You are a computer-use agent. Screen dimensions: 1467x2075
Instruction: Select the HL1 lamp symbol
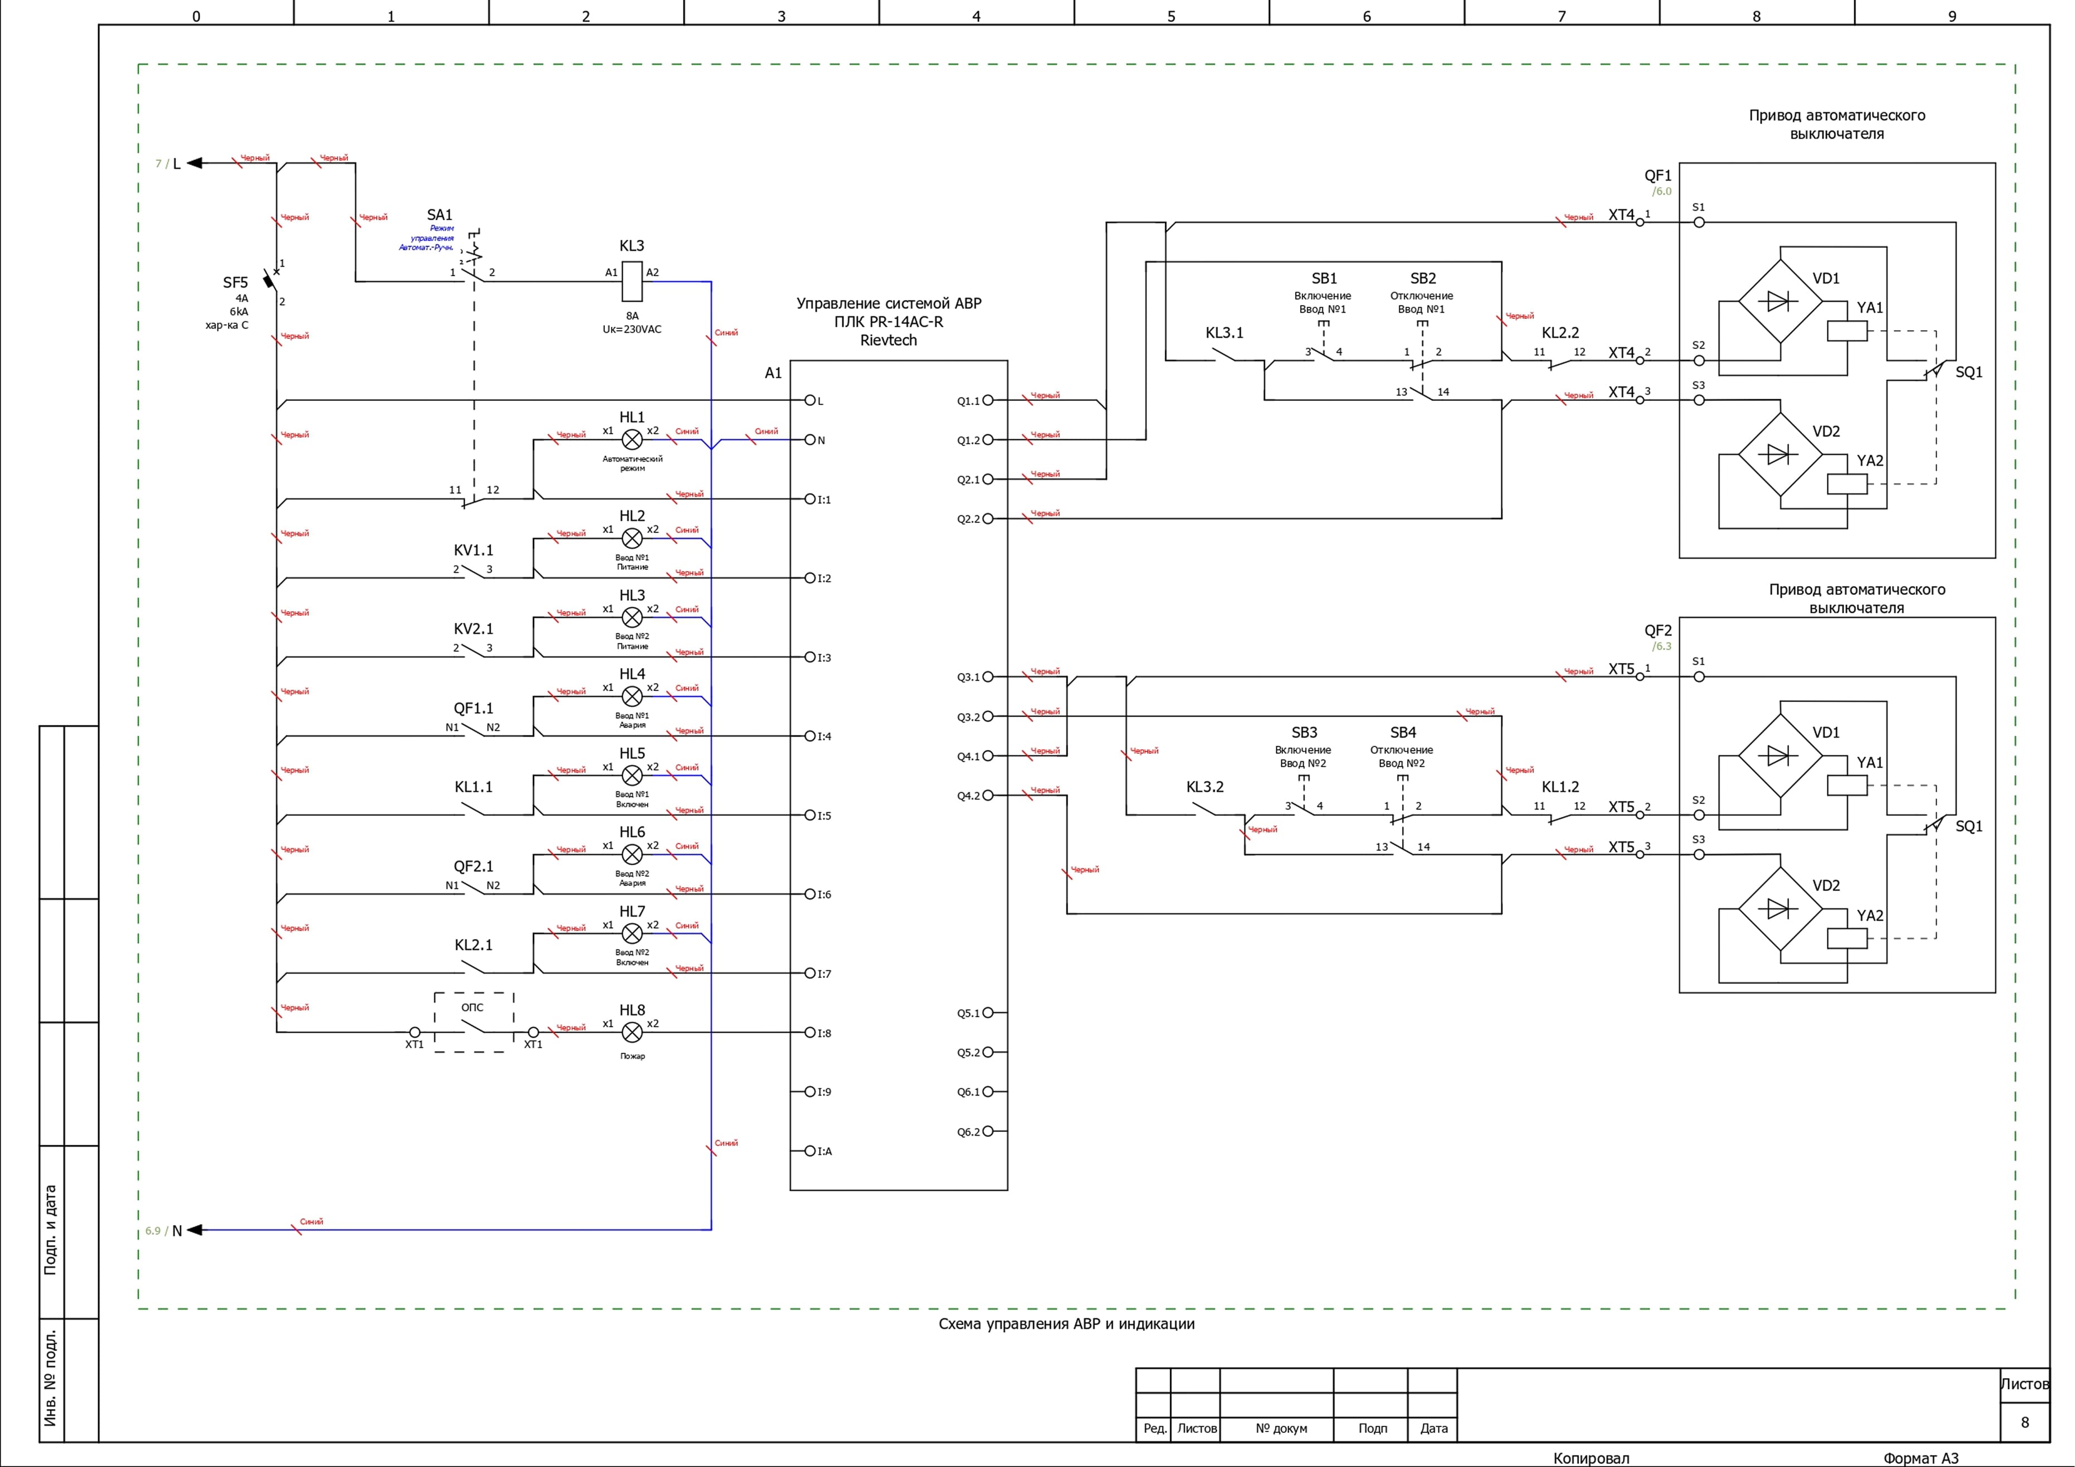point(633,439)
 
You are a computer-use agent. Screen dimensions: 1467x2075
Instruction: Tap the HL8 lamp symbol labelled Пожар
point(633,1032)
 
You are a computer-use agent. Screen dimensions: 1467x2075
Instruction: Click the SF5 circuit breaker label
point(235,283)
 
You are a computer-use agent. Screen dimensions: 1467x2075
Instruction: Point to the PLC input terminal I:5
point(811,815)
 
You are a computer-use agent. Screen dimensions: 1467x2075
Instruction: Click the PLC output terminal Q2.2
point(988,519)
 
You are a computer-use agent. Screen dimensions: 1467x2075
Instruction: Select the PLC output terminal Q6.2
point(988,1131)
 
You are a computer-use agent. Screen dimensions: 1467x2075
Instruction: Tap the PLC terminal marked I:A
point(811,1151)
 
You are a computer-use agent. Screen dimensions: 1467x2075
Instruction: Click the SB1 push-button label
point(1324,278)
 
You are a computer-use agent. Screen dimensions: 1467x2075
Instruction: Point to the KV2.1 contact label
point(473,629)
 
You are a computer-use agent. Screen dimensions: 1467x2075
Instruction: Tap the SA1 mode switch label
point(439,215)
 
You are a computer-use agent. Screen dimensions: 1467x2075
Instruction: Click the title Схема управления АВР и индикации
point(1066,1324)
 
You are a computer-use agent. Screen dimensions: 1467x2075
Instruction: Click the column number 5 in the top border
point(1171,16)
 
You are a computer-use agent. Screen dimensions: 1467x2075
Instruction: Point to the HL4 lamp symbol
point(633,696)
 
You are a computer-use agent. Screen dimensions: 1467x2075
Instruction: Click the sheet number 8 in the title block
point(2024,1422)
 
